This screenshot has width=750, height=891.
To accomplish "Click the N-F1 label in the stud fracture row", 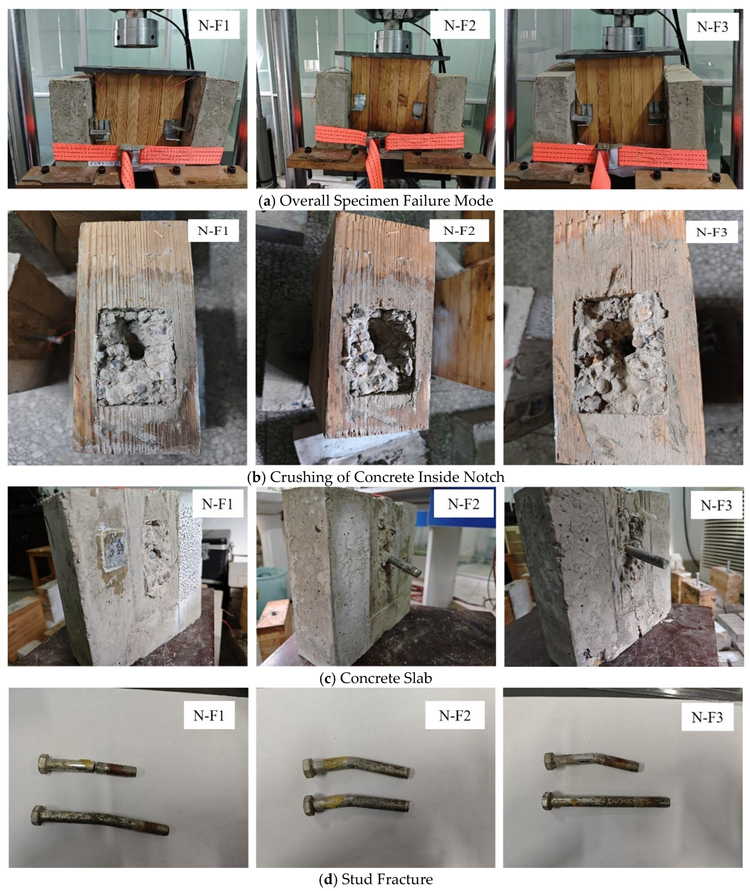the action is point(209,716).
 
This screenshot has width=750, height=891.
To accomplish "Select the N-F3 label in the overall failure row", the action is point(713,27).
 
